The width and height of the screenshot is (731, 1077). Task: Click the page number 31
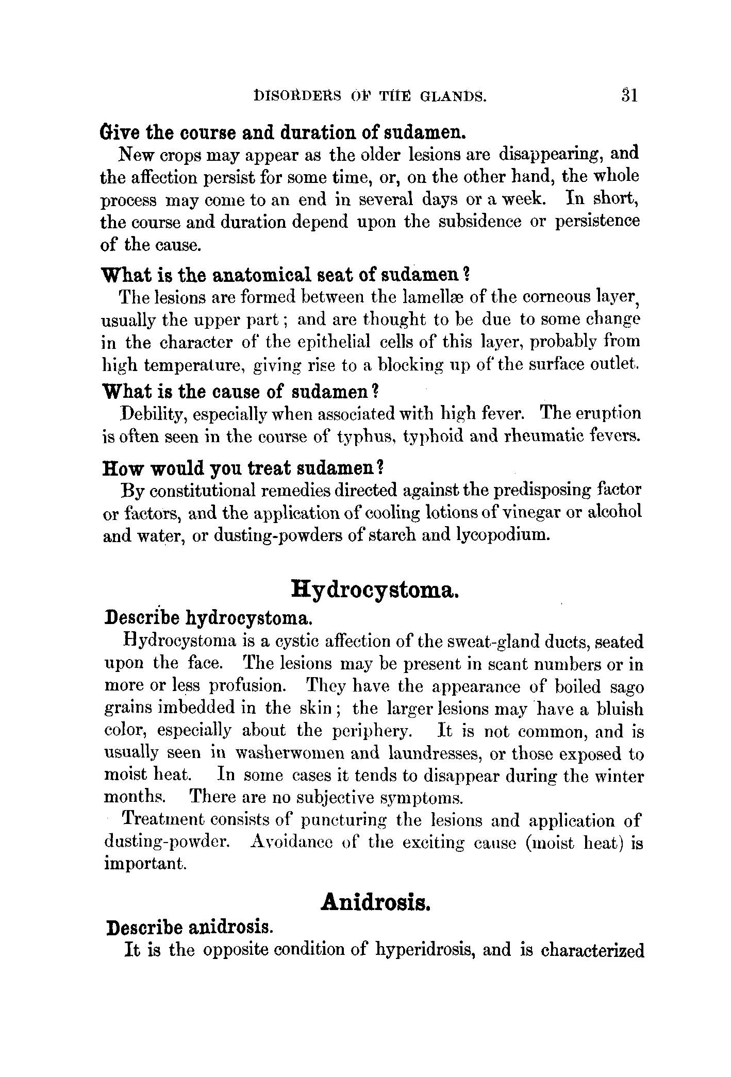click(629, 96)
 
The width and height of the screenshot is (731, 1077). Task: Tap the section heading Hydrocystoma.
click(375, 588)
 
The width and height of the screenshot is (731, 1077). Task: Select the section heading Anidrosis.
click(375, 903)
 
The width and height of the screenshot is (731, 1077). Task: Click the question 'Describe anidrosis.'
click(189, 928)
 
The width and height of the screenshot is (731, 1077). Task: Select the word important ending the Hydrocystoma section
click(145, 864)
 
